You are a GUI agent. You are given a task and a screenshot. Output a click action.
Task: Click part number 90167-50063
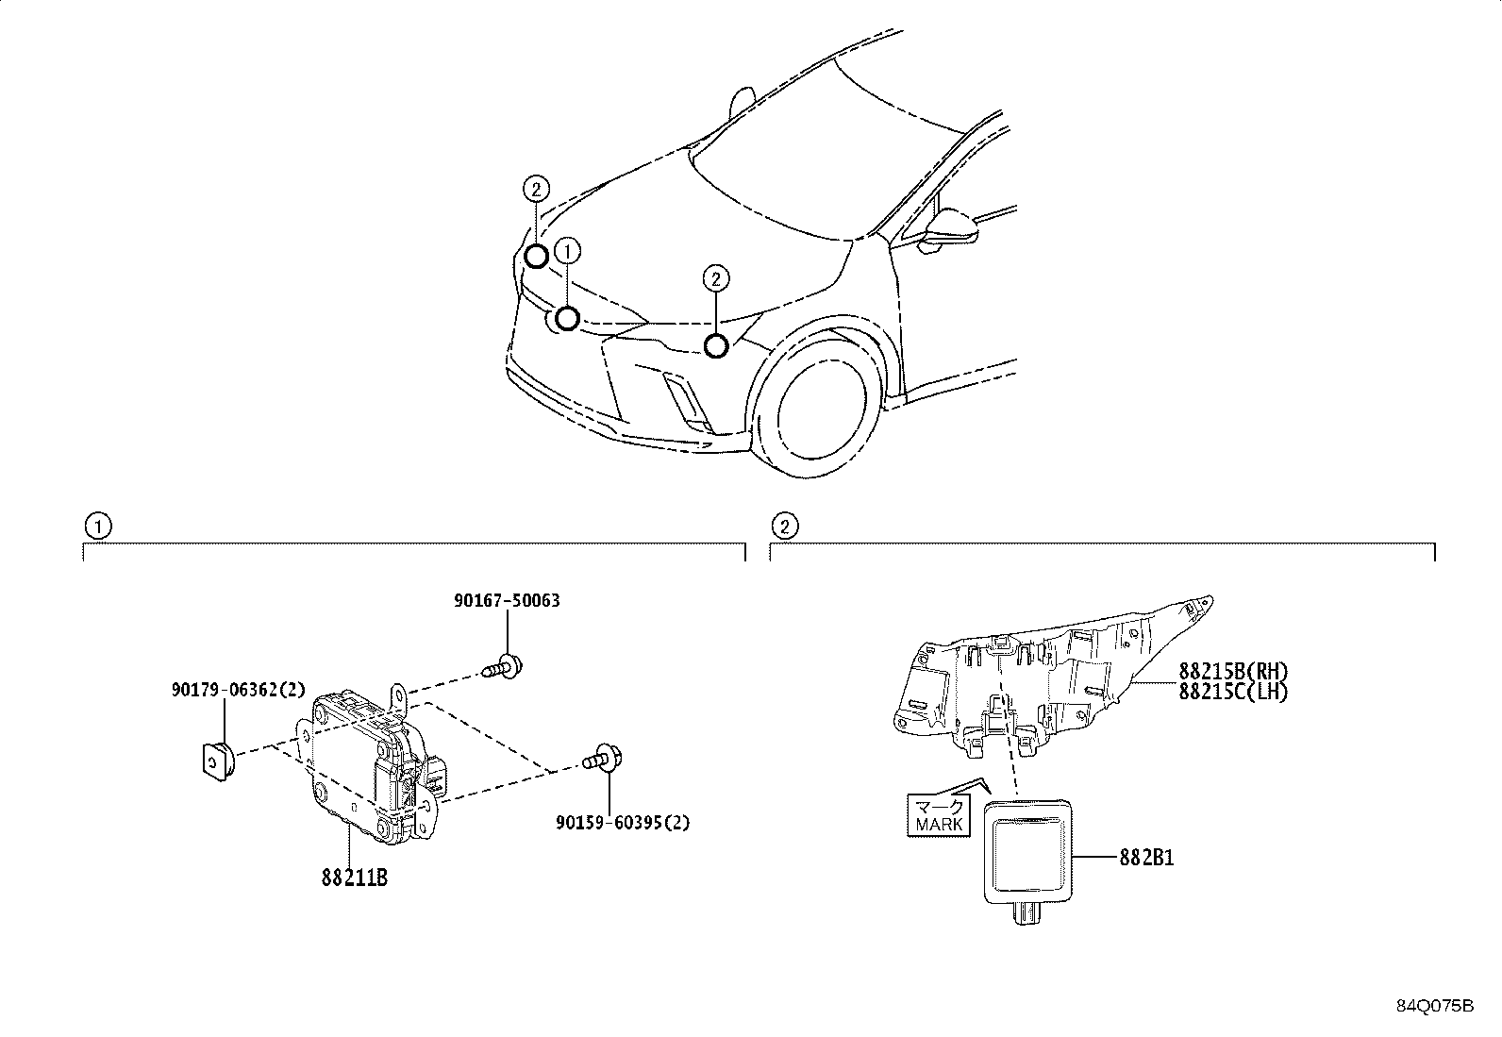[507, 601]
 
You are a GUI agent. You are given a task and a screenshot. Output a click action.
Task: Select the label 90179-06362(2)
[238, 690]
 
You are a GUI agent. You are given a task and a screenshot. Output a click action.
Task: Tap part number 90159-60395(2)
[623, 823]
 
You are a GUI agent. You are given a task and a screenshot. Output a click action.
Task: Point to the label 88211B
[354, 878]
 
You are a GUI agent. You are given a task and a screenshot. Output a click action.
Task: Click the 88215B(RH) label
[1233, 671]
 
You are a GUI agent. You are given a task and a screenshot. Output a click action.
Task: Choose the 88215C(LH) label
[1233, 691]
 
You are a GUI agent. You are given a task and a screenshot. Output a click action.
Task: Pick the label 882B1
[1146, 859]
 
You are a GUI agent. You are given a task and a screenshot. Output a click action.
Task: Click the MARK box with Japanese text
[939, 815]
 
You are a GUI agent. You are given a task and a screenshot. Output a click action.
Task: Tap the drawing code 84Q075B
[1434, 1006]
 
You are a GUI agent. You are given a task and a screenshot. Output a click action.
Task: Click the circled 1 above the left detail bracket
[97, 526]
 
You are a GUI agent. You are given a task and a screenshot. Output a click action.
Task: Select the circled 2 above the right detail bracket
[784, 526]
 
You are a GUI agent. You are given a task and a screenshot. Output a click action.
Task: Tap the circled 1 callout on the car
[567, 251]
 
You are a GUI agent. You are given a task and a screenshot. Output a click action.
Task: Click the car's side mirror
[951, 227]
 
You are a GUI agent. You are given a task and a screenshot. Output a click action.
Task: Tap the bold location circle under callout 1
[567, 318]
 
